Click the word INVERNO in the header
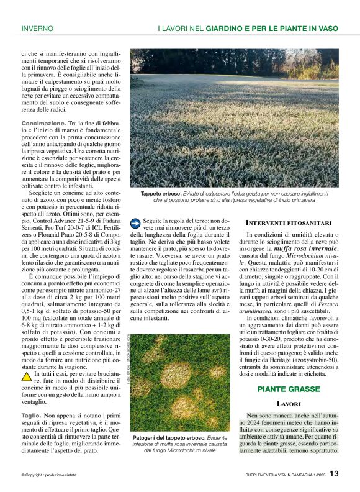(37, 29)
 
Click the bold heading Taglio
(31, 415)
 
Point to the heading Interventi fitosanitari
(289, 222)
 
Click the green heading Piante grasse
(288, 389)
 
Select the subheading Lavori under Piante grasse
(289, 403)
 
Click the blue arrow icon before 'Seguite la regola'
(136, 222)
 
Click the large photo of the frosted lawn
(234, 118)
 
